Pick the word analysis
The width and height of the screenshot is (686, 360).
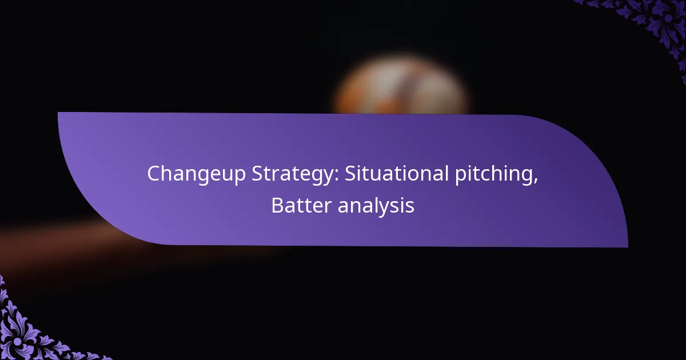point(376,206)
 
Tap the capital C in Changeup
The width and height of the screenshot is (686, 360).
point(154,174)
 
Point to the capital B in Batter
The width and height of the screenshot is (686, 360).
point(277,206)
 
